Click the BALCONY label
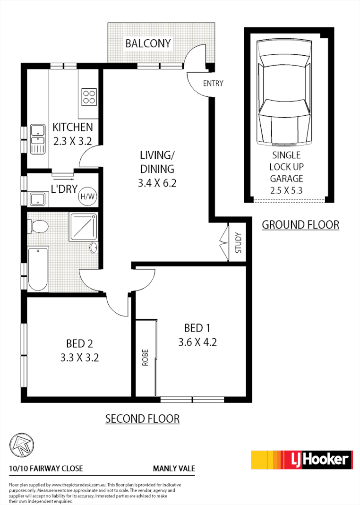147,44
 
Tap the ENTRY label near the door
213,84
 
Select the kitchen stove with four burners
89,96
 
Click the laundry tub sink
37,199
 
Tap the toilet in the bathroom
37,228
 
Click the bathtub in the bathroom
37,269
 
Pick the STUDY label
238,242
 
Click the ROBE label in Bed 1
145,358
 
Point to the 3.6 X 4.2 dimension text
197,342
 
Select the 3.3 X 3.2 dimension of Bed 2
79,357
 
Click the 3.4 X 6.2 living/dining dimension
157,183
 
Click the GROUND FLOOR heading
300,224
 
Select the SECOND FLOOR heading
142,419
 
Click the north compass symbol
21,445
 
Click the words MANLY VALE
174,469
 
